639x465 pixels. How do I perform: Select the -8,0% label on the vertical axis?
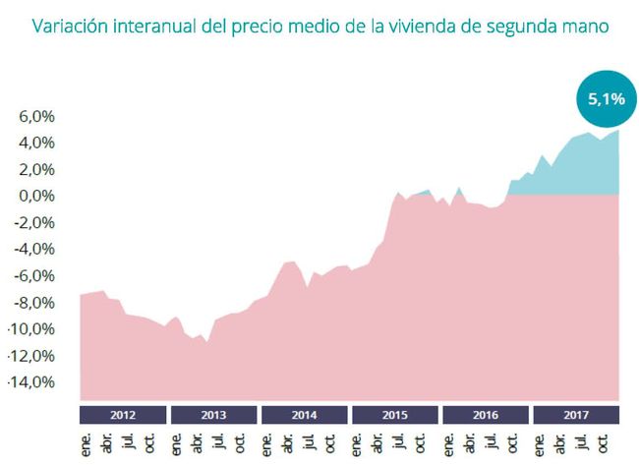pyautogui.click(x=35, y=302)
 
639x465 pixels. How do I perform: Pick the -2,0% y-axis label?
pyautogui.click(x=34, y=222)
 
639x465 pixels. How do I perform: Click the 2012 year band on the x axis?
pyautogui.click(x=123, y=414)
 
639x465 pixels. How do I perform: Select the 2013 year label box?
pyautogui.click(x=214, y=414)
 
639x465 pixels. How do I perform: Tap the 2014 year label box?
pyautogui.click(x=305, y=414)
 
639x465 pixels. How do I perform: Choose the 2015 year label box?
pyautogui.click(x=395, y=414)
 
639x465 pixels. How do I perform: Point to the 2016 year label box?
pyautogui.click(x=486, y=414)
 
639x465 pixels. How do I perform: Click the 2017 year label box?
pyautogui.click(x=577, y=414)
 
